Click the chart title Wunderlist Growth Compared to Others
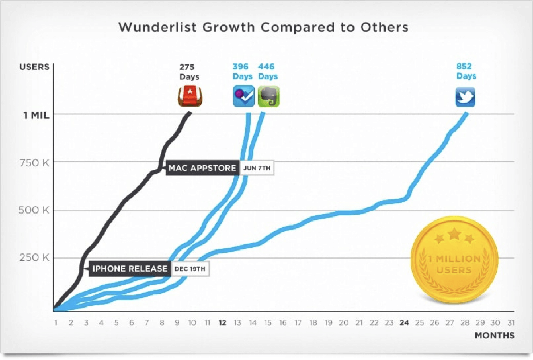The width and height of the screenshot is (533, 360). (x=263, y=27)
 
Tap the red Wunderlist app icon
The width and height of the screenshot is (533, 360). (x=188, y=96)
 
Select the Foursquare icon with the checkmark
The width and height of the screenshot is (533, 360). (x=244, y=96)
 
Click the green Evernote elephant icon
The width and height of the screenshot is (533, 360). (x=269, y=96)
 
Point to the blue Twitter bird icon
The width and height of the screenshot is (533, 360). (x=465, y=96)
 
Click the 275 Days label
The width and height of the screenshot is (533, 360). (x=190, y=71)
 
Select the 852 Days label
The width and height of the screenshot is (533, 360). (x=466, y=71)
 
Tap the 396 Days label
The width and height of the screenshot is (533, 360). (x=243, y=71)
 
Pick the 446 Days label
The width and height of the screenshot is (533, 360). (x=268, y=71)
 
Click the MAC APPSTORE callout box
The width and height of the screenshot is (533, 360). (x=202, y=168)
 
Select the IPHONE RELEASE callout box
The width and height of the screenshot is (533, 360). (x=130, y=269)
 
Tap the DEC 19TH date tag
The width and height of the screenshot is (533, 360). (x=191, y=269)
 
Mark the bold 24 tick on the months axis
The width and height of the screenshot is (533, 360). (x=404, y=322)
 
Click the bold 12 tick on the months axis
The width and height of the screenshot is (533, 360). (x=223, y=322)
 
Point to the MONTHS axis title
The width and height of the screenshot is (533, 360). (x=494, y=336)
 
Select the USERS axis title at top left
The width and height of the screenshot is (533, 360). (x=34, y=67)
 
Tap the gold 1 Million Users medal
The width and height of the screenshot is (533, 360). (x=454, y=259)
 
